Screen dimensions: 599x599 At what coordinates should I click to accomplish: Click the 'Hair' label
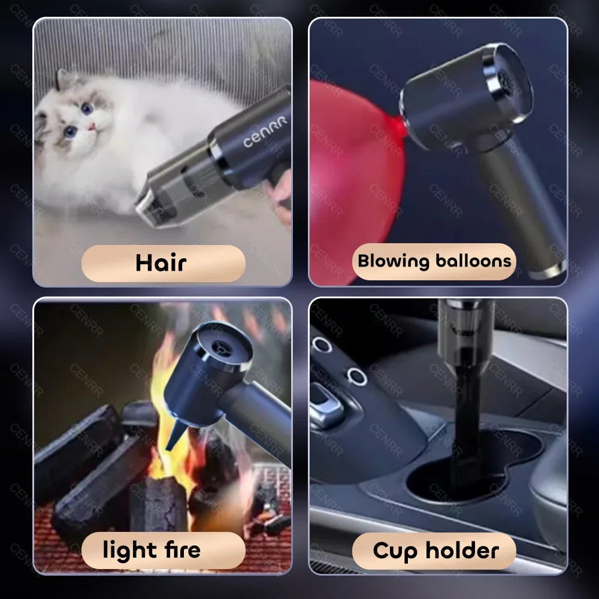(163, 263)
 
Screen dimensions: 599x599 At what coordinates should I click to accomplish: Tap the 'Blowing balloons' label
(434, 261)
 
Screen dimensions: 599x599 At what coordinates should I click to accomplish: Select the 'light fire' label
(163, 550)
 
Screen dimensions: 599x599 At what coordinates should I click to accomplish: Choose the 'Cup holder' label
(434, 550)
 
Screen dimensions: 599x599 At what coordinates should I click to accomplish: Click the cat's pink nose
(92, 126)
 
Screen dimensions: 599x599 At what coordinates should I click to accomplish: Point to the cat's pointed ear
(62, 79)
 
